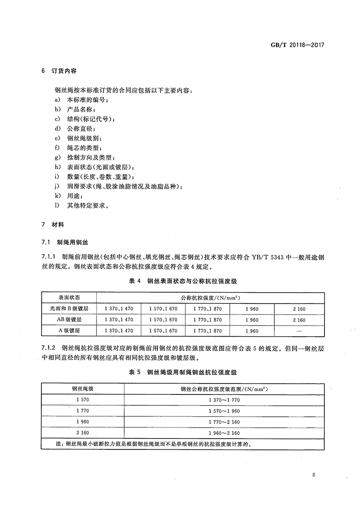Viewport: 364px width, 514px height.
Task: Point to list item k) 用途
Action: tap(70, 195)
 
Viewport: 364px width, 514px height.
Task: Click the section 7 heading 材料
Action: tap(53, 225)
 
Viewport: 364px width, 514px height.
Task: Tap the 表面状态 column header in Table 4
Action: tap(69, 298)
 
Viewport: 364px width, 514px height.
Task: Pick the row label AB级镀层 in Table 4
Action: tap(69, 320)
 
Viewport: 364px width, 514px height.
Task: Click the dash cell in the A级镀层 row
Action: tap(299, 331)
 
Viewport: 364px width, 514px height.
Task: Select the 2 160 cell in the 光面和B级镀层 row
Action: tap(299, 309)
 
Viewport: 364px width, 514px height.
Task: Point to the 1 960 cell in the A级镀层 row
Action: tap(252, 331)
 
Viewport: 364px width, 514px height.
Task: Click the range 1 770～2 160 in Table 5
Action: tap(224, 422)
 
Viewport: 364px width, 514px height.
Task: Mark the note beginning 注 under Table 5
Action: tap(152, 444)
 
